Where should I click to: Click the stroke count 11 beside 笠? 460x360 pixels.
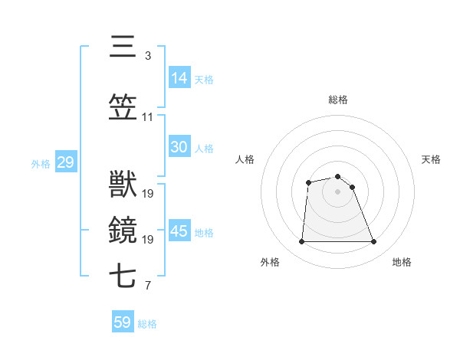pos(147,117)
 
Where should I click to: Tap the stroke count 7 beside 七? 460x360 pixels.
pos(147,286)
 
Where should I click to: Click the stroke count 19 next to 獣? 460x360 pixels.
pos(147,194)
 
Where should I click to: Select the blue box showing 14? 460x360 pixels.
pos(179,78)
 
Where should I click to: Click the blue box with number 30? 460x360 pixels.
pos(179,147)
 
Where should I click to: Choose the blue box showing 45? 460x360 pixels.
pos(179,231)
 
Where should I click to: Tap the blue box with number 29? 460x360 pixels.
pos(65,162)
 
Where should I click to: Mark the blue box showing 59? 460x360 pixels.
pos(122,322)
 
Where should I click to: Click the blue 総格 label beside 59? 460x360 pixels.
pos(147,324)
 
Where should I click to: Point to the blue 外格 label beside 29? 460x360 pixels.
pos(41,164)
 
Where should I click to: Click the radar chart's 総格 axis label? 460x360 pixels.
pos(337,100)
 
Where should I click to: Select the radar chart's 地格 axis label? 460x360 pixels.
pos(402,262)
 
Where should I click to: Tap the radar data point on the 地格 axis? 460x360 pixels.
pos(373,242)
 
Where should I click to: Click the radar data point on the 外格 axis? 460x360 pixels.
pos(301,242)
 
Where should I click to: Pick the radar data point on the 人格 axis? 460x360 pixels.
pos(308,182)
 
